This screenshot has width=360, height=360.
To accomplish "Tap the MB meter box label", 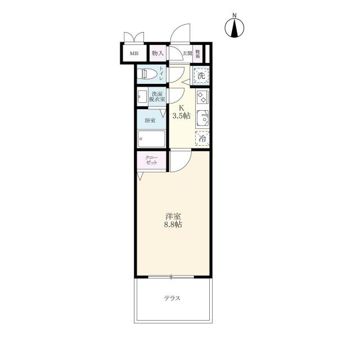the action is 134,54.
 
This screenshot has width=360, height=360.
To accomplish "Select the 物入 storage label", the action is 157,53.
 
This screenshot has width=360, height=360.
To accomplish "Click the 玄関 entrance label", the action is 187,53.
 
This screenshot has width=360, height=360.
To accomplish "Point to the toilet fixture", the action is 147,74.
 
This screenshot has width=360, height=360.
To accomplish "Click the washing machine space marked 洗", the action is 201,75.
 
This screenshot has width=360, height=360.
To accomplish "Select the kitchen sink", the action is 203,118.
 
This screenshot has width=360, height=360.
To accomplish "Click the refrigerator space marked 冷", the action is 202,138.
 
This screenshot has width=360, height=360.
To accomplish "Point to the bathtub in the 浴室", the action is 151,139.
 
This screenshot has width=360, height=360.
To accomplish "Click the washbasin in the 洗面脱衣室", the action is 142,97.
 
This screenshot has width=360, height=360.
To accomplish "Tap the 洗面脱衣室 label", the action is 157,97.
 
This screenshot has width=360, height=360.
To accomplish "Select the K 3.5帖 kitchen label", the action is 181,112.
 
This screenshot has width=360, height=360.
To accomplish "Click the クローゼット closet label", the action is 151,160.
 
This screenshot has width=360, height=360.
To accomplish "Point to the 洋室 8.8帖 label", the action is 173,220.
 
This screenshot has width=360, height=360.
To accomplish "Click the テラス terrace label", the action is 172,298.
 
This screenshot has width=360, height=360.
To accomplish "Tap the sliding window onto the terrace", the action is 171,277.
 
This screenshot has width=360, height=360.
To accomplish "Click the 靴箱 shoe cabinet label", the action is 197,53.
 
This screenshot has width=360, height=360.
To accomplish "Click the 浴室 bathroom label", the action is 150,120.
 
